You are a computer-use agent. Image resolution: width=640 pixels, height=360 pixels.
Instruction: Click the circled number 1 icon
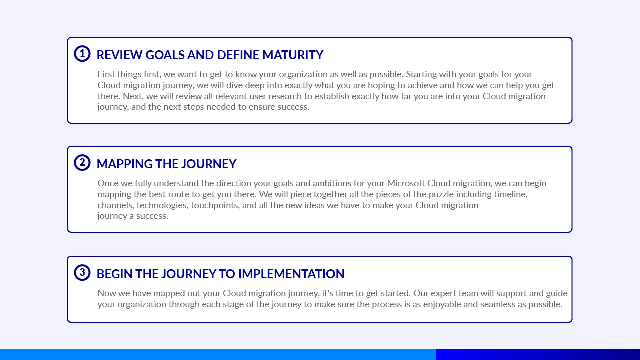coord(82,53)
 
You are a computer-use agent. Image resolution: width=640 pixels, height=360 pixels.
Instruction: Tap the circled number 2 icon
coord(82,163)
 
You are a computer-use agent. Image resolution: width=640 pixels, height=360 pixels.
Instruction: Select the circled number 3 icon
coord(82,273)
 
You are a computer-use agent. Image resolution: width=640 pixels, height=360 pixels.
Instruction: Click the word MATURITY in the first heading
coord(293,55)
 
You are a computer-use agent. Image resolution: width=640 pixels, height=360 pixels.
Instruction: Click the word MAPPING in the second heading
coord(125,164)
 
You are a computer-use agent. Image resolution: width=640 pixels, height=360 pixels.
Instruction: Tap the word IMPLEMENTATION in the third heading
coord(291,274)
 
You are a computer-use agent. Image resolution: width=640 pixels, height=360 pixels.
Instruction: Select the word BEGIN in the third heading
coord(114,274)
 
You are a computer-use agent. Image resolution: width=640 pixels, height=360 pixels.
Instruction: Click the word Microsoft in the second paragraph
coord(406,183)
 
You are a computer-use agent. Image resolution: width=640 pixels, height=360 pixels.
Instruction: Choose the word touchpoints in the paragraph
coord(215,205)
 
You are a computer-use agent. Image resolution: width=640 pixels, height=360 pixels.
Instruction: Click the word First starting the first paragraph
coord(106,74)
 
